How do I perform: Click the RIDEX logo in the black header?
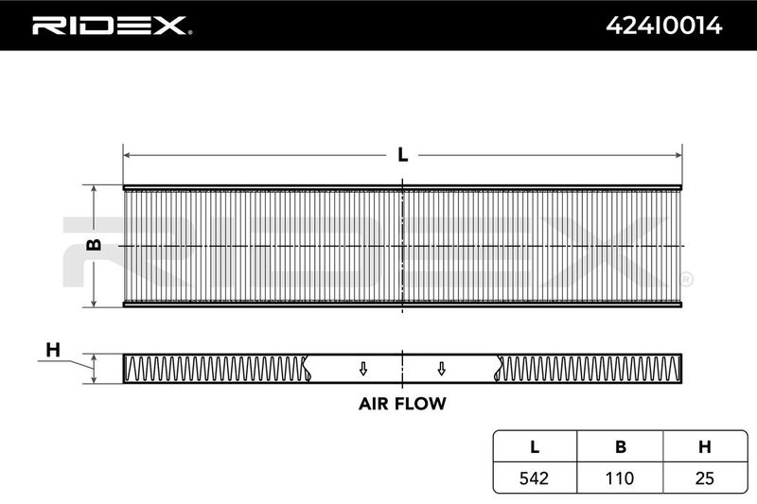tap(112, 26)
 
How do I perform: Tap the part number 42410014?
tap(664, 26)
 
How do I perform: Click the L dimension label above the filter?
tap(403, 155)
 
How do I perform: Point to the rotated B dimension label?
tap(94, 245)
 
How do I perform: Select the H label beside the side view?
tap(53, 350)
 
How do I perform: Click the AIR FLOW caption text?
tap(402, 404)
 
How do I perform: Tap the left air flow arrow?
tap(363, 369)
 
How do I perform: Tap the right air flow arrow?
tap(441, 369)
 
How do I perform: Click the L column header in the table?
tap(535, 447)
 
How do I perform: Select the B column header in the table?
tap(621, 447)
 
